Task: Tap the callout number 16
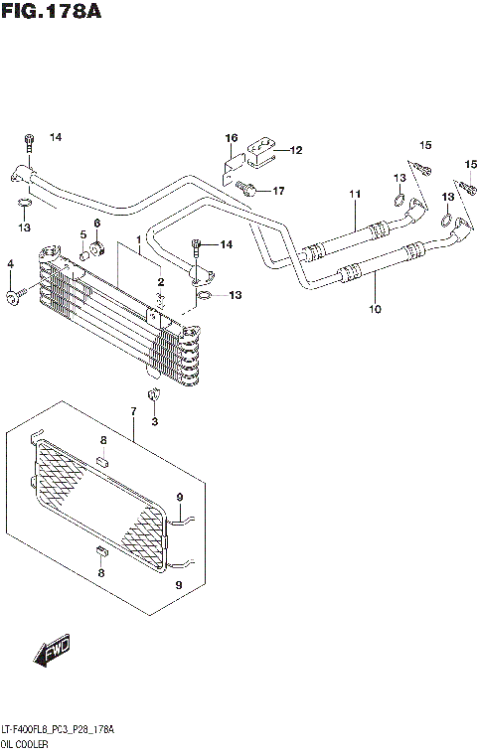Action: click(231, 137)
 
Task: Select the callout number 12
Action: click(295, 151)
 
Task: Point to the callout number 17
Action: click(278, 190)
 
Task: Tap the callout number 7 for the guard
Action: click(133, 410)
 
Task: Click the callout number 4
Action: click(11, 263)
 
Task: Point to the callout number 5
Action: click(83, 234)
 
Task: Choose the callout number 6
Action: click(97, 223)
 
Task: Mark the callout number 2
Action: click(160, 283)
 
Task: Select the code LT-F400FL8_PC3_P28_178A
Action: click(58, 730)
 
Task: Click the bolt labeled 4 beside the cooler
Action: click(14, 295)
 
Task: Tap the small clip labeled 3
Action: click(154, 399)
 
